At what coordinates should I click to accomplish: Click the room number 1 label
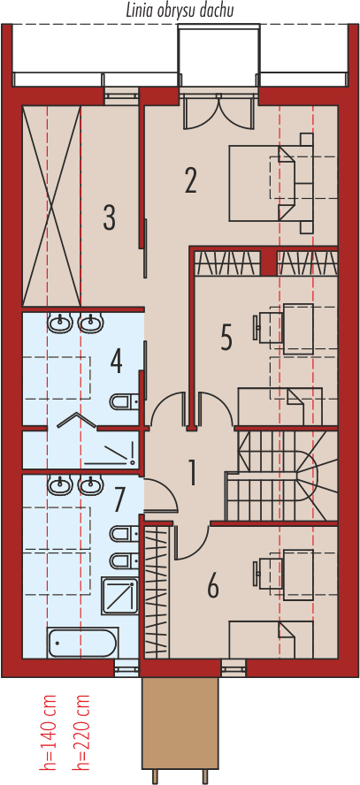coord(191,473)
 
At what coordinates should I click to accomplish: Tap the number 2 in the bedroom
coord(191,180)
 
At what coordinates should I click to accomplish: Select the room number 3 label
coord(109,217)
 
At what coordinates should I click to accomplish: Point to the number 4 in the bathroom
coord(116,360)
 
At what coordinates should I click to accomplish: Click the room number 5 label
coord(226,337)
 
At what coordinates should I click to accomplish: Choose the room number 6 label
coord(213,585)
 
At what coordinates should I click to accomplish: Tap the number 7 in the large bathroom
coord(120,500)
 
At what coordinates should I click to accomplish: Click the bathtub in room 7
coord(82,643)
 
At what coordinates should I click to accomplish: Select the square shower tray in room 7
coord(119,595)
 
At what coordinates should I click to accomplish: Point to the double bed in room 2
coord(270,183)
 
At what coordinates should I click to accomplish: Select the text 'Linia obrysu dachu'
coord(180,10)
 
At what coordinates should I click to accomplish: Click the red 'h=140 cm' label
coord(50,732)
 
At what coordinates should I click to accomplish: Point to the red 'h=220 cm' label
coord(83,732)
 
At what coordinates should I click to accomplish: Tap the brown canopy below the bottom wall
coord(180,722)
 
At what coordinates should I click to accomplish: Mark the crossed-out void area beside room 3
coord(51,205)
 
